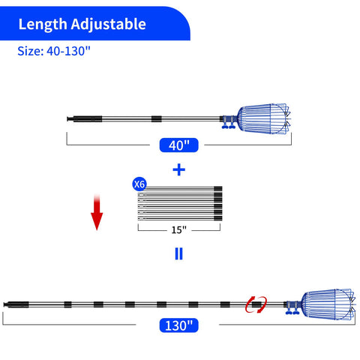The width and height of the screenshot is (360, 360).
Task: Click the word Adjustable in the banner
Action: click(108, 25)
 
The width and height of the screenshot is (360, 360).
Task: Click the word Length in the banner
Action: click(43, 24)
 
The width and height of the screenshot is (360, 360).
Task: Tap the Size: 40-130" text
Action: click(54, 51)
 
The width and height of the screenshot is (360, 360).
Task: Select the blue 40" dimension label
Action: click(179, 145)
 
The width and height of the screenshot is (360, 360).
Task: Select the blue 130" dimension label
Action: click(179, 325)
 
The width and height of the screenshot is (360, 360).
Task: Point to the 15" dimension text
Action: click(179, 229)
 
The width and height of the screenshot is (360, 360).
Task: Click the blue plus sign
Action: click(179, 170)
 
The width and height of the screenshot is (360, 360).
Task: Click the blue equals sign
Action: click(179, 253)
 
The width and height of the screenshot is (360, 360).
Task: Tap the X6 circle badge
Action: click(139, 184)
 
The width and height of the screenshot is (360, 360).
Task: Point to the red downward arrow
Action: click(97, 212)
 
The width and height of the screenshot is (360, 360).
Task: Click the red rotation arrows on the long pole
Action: click(256, 304)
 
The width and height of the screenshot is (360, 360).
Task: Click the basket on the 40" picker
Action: click(264, 119)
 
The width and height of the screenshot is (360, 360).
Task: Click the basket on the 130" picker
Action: click(328, 304)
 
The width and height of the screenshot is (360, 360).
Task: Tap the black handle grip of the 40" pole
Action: click(85, 118)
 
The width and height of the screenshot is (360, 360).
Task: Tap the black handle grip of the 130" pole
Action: click(16, 304)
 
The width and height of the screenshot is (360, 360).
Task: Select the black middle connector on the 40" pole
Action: click(157, 118)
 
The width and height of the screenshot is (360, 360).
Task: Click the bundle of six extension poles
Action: click(180, 203)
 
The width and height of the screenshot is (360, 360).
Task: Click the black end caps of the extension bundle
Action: click(218, 203)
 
